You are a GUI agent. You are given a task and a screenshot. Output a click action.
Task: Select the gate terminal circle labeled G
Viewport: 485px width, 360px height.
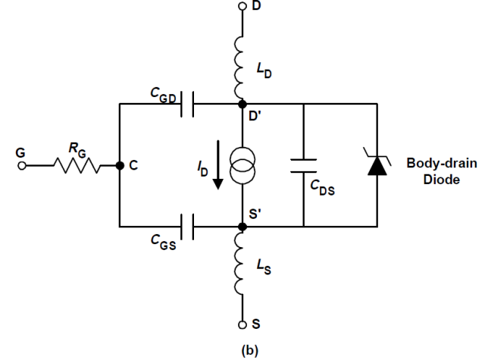pyautogui.click(x=22, y=164)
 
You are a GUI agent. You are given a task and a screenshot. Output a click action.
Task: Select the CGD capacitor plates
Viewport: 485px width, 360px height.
pyautogui.click(x=189, y=103)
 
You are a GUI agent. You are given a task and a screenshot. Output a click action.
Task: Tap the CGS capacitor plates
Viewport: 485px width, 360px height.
pyautogui.click(x=189, y=226)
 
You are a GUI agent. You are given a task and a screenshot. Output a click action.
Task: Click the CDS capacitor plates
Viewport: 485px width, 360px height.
pyautogui.click(x=303, y=164)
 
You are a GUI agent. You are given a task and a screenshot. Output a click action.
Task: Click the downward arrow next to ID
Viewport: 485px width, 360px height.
pyautogui.click(x=217, y=165)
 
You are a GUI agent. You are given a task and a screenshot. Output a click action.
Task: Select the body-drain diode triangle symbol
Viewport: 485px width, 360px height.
pyautogui.click(x=377, y=165)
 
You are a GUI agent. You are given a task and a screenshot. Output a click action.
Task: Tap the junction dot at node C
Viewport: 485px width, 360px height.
pyautogui.click(x=120, y=164)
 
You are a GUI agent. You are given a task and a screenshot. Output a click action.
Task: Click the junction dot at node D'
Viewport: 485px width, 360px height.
pyautogui.click(x=242, y=103)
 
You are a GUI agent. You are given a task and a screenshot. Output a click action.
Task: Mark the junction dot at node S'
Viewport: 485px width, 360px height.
pyautogui.click(x=242, y=226)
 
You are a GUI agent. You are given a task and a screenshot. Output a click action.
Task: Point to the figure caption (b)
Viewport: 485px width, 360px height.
pyautogui.click(x=242, y=351)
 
